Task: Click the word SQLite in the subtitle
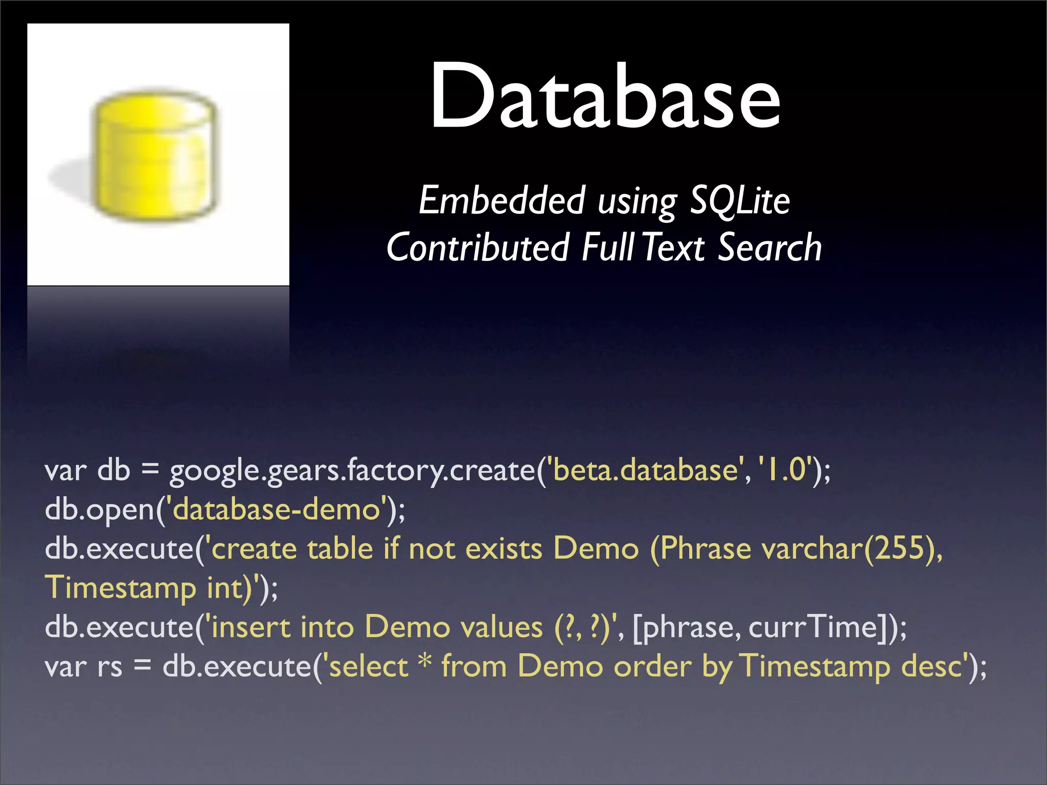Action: click(x=740, y=201)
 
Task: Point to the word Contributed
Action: click(x=477, y=247)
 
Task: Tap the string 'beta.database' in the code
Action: click(x=645, y=470)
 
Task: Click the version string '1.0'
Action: click(x=786, y=470)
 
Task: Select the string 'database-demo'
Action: click(x=277, y=510)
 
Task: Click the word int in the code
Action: click(x=227, y=588)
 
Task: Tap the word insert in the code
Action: click(x=251, y=627)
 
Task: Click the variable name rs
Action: click(x=110, y=667)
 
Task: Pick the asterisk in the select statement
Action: click(x=425, y=663)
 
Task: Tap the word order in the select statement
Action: click(x=652, y=666)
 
